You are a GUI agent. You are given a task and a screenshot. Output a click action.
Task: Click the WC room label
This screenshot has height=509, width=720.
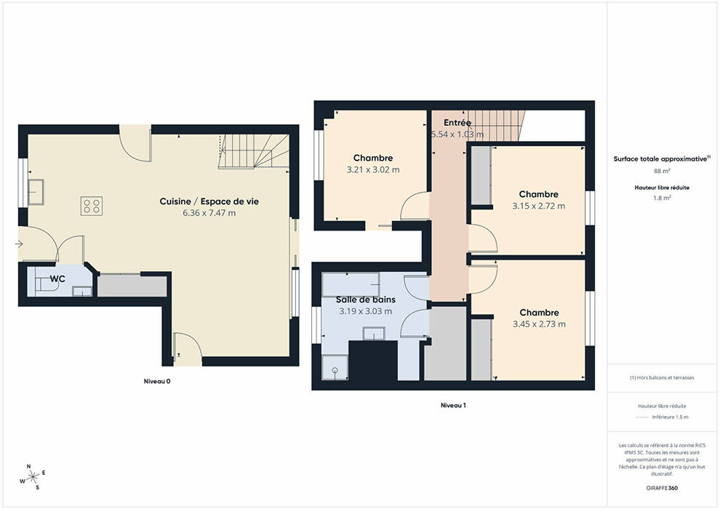57,279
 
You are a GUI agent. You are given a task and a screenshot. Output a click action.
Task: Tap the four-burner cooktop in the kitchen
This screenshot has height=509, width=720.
92,206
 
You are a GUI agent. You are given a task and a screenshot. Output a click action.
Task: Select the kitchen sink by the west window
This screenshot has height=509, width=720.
36,192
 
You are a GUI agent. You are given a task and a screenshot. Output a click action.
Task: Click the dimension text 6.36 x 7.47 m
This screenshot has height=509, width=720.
209,213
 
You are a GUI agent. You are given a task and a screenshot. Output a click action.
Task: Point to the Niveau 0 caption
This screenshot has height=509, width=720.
157,382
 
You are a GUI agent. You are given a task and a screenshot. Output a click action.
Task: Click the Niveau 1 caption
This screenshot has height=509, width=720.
453,405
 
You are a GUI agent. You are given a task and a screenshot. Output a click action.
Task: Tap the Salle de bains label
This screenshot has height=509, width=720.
366,300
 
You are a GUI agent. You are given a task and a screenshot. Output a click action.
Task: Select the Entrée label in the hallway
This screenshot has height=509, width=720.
457,123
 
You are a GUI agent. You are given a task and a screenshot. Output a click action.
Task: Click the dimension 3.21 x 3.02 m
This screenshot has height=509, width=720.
373,170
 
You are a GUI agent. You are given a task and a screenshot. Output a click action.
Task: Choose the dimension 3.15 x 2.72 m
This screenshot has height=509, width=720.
539,206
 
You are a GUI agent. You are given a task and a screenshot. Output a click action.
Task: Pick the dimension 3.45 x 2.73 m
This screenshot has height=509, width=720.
539,324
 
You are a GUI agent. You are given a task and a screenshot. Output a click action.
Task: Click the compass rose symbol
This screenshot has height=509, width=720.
33,477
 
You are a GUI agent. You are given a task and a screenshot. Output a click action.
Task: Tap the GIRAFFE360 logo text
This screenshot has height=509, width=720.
662,488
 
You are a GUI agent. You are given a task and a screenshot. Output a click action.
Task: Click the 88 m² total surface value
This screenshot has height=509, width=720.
662,171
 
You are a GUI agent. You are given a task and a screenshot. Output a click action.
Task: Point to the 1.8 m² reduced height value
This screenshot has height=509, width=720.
662,198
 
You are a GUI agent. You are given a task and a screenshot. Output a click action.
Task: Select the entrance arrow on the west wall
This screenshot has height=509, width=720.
20,244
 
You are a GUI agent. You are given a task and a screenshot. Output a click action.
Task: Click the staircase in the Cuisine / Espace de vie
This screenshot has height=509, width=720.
254,151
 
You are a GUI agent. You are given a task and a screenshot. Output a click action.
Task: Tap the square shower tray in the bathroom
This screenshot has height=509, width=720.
335,368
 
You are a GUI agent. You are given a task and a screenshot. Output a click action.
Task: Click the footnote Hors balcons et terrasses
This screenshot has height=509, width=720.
662,377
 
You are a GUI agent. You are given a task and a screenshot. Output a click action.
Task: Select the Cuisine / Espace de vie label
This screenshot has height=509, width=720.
209,201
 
